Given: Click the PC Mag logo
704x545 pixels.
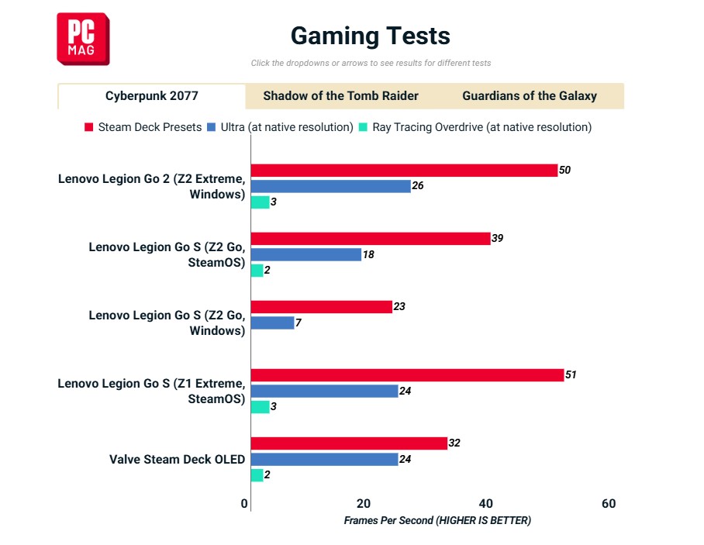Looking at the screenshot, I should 82,39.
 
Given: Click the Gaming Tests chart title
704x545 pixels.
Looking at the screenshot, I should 370,36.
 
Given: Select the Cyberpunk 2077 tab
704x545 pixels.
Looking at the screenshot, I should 152,96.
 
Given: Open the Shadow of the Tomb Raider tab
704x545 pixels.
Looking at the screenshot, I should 340,96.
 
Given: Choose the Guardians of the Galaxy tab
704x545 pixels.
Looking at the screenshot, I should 530,96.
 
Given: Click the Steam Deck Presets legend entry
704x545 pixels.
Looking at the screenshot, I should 143,127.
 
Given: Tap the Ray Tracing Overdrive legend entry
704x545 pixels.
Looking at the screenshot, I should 475,127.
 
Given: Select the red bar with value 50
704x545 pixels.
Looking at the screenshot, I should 404,171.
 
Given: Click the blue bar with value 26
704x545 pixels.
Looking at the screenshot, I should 330,186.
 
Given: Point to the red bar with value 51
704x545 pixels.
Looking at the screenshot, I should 407,375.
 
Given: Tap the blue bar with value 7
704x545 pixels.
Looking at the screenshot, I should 272,323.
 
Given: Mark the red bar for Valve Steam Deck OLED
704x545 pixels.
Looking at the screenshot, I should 349,443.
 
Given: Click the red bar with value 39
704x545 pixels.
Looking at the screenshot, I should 371,239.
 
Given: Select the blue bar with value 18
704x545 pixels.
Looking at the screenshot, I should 305,254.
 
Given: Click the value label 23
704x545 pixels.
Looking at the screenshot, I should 399,307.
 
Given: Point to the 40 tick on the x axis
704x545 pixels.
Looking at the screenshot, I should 486,504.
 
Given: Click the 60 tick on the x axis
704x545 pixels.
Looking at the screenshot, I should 609,504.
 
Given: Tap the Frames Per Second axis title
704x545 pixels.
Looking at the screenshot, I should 437,521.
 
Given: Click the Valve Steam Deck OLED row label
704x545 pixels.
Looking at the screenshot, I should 177,459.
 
